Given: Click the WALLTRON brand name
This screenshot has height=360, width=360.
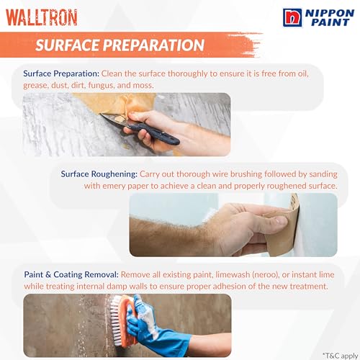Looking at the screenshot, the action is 41,17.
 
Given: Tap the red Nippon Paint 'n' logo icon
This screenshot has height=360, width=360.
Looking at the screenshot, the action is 292,17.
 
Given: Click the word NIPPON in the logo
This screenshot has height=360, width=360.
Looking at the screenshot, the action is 330,13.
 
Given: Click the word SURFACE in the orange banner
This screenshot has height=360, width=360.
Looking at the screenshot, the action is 68,45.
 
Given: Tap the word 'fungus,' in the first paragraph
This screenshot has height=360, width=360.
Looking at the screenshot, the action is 102,86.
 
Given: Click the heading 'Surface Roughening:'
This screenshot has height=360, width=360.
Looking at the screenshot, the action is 99,174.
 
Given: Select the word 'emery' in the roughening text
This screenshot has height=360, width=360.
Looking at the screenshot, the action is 114,186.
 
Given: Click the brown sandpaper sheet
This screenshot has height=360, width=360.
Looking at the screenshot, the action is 283,230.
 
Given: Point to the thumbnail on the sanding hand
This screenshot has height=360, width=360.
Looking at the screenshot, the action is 281,220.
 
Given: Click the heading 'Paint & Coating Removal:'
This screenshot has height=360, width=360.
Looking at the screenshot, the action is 71,274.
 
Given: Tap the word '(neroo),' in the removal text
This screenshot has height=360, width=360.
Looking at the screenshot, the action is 266,275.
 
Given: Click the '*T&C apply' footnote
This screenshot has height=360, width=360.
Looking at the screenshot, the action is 340,356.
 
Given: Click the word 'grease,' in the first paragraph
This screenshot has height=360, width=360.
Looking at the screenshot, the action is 36,86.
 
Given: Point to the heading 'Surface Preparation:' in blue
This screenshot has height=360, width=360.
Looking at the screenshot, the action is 61,73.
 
